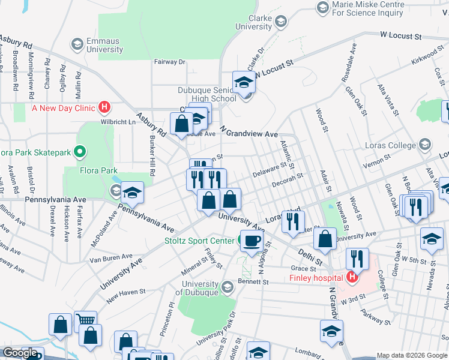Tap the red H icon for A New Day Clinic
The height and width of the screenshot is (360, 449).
(x=104, y=108)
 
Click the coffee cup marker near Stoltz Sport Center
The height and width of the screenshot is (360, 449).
(x=250, y=241)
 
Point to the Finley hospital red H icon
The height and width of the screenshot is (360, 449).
(x=351, y=277)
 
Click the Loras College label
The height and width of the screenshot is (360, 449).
(x=390, y=145)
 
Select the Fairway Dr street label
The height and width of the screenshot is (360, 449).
(x=170, y=61)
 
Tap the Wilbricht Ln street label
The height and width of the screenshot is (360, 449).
(x=118, y=122)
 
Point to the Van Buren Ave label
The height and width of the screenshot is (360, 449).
(x=110, y=258)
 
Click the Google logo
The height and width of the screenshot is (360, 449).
(x=19, y=353)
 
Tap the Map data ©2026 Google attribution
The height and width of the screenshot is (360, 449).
(x=412, y=355)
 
